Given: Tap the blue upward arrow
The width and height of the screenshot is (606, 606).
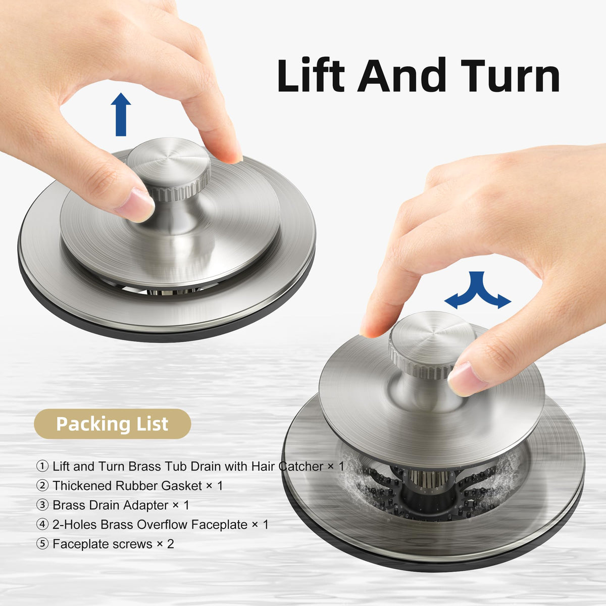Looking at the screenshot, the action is tap(121, 115).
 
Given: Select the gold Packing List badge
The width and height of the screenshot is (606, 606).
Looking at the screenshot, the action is tap(112, 424).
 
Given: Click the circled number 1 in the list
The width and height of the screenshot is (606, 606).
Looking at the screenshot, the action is tap(42, 466).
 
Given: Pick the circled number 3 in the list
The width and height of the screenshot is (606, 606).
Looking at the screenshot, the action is tap(42, 504).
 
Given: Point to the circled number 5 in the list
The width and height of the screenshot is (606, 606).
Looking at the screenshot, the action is tap(42, 544).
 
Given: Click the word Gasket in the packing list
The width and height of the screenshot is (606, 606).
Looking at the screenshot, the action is tap(181, 485).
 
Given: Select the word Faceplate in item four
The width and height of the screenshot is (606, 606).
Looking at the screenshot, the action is tap(219, 524).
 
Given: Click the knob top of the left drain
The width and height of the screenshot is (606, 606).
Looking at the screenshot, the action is tap(169, 163).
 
